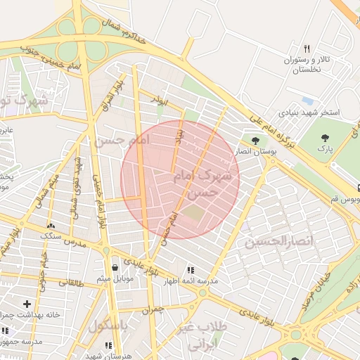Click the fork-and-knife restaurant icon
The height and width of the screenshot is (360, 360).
pos(307,49)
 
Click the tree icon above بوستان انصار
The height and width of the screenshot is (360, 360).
pos(255,141)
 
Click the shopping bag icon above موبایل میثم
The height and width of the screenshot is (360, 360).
pos(115,267)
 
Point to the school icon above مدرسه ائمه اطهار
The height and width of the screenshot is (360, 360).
pos(190,270)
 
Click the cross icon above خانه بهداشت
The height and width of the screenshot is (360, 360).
pos(27,304)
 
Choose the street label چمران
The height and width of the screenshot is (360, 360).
pos(152,308)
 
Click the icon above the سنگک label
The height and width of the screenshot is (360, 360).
pos(51,225)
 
